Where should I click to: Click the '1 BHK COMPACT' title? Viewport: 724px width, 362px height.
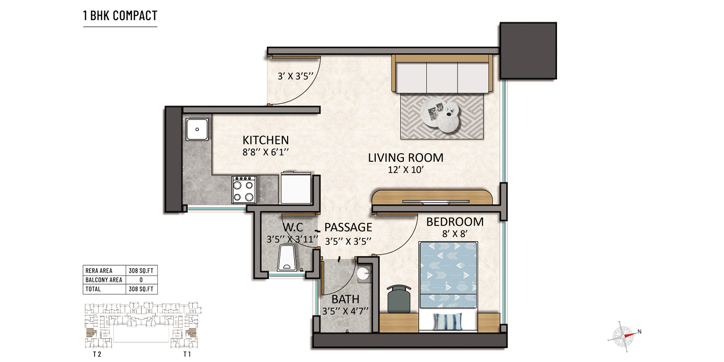pos(120,16)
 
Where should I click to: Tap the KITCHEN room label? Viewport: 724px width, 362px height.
pos(265,140)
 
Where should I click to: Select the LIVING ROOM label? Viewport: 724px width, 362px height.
pos(405,158)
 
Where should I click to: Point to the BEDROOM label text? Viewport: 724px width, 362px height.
pos(455,222)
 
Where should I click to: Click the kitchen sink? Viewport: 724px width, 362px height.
pos(197,129)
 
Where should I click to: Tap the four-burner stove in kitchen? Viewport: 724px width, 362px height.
pos(244,189)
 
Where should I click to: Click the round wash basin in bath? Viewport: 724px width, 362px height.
pos(364,273)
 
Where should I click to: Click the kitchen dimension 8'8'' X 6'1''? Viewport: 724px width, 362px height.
pos(265,152)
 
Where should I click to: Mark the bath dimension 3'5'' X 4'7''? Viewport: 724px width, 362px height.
pos(345,311)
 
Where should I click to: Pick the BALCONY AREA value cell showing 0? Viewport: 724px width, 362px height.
pos(142,280)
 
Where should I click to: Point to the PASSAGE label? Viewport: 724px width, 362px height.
pos(348,228)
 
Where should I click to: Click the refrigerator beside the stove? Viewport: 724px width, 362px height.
pos(295,189)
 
